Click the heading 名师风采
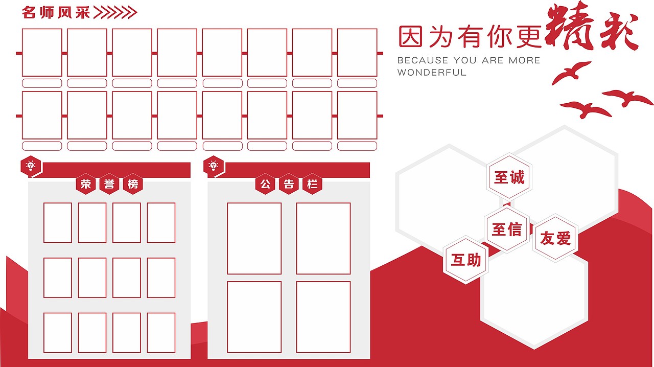tap(56, 12)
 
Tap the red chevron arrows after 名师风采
tap(115, 12)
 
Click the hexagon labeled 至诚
tap(509, 177)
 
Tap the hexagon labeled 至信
tap(507, 230)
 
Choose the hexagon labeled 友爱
tap(555, 238)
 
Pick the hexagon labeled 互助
tap(465, 260)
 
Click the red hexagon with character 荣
tap(86, 185)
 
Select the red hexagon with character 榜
tap(133, 185)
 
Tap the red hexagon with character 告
tap(289, 185)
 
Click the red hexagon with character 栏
tap(312, 185)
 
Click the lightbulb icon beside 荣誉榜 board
tap(31, 166)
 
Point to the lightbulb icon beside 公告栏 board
tap(213, 166)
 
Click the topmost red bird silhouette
tap(571, 73)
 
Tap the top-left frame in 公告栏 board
tap(254, 238)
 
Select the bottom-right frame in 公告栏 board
tap(323, 317)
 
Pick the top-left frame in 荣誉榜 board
tap(58, 222)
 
